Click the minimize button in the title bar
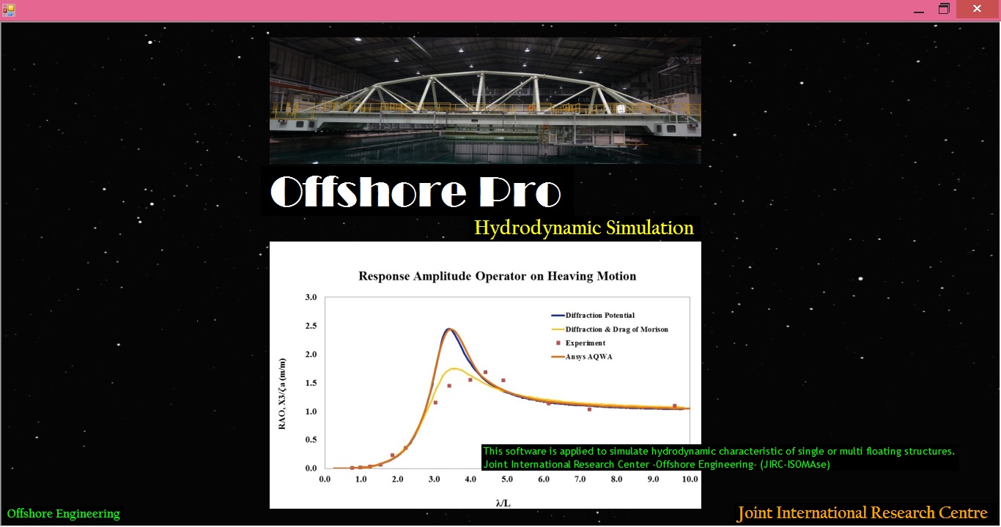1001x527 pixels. coord(919,10)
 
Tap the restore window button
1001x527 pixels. coord(945,10)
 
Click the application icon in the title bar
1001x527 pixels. coord(9,10)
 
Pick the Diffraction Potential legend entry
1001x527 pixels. coord(599,315)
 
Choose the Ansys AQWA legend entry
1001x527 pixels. coord(588,356)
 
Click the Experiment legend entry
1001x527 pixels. coord(585,343)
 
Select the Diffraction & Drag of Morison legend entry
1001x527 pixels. coord(616,329)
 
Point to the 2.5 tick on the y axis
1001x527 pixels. coord(311,326)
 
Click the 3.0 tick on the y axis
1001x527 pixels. coord(311,297)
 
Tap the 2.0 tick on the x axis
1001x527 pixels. coord(397,479)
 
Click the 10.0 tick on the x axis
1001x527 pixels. coord(689,479)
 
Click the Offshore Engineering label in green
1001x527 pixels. coord(64,514)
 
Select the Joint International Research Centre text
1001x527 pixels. coord(862,513)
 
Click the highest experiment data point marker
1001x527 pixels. coord(485,372)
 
